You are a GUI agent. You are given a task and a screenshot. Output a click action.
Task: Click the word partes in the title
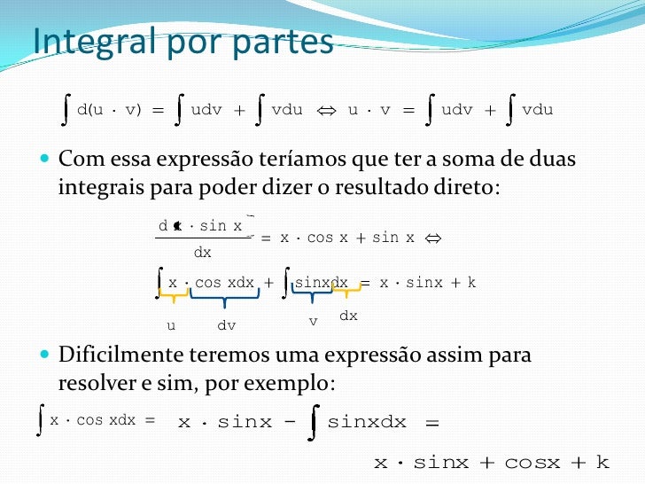tap(283, 42)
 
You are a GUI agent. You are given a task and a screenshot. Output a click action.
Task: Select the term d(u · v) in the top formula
tap(109, 111)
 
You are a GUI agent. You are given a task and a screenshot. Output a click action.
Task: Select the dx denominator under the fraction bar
tap(203, 253)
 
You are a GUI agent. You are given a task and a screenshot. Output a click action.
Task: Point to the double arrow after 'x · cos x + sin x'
tap(433, 238)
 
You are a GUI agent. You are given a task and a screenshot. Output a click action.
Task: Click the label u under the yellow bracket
tap(171, 325)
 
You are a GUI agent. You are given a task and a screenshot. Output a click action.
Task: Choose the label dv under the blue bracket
tap(227, 325)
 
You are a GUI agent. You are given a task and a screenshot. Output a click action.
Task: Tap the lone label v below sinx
tap(313, 321)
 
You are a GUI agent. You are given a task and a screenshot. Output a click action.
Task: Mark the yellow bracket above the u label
tap(172, 293)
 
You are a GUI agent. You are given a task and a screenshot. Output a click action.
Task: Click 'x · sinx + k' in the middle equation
tap(428, 283)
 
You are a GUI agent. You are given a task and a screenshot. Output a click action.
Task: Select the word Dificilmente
tap(122, 355)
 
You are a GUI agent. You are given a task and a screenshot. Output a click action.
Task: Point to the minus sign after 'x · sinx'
tap(290, 422)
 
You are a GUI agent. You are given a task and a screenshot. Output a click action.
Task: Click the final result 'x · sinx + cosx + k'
tap(491, 463)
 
